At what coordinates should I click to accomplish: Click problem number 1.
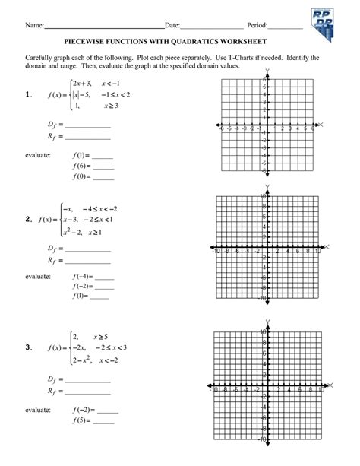point(28,94)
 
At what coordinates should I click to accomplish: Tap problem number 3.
point(28,348)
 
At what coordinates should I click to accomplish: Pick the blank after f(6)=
point(103,165)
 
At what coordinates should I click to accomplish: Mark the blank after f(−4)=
point(106,277)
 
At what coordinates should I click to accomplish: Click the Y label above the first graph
point(267,72)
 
